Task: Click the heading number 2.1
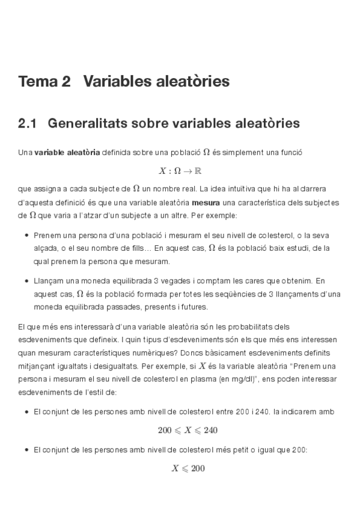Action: point(28,124)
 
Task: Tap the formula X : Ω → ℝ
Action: point(180,171)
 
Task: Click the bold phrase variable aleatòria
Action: point(67,153)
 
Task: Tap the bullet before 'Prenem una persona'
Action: point(28,235)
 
